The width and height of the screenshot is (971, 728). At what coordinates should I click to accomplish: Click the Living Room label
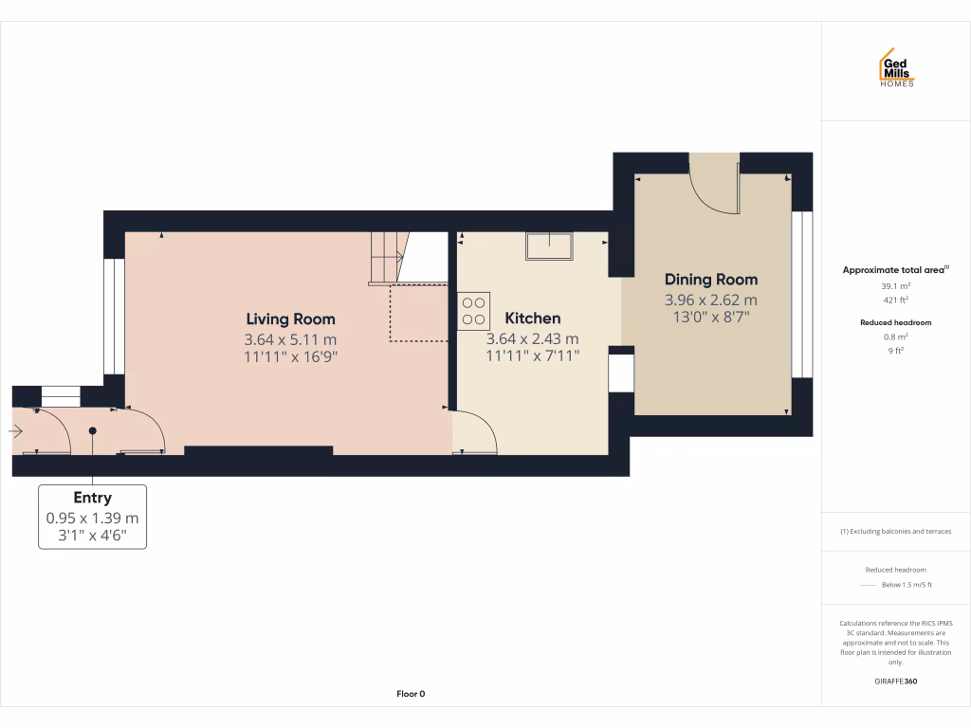(290, 319)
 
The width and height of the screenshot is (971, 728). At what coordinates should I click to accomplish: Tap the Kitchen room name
(532, 318)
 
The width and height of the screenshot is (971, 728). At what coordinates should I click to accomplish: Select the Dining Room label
(710, 280)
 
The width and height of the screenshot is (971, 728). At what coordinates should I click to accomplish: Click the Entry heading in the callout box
(92, 498)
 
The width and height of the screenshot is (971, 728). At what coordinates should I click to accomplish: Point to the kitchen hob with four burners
(474, 310)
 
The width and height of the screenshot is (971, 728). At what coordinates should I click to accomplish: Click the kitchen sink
(549, 246)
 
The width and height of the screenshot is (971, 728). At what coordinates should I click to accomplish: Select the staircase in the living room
(386, 257)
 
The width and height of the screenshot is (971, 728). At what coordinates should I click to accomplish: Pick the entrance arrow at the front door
(15, 431)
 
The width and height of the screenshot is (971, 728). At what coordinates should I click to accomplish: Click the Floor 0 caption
(411, 694)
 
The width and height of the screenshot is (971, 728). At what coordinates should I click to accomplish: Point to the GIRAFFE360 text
(896, 682)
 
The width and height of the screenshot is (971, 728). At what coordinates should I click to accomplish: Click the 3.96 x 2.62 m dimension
(710, 300)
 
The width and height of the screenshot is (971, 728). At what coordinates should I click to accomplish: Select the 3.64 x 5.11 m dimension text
(290, 339)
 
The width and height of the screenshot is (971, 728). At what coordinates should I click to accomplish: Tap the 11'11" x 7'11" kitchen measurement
(532, 355)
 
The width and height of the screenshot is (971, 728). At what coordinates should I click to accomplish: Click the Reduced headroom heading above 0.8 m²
(896, 322)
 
